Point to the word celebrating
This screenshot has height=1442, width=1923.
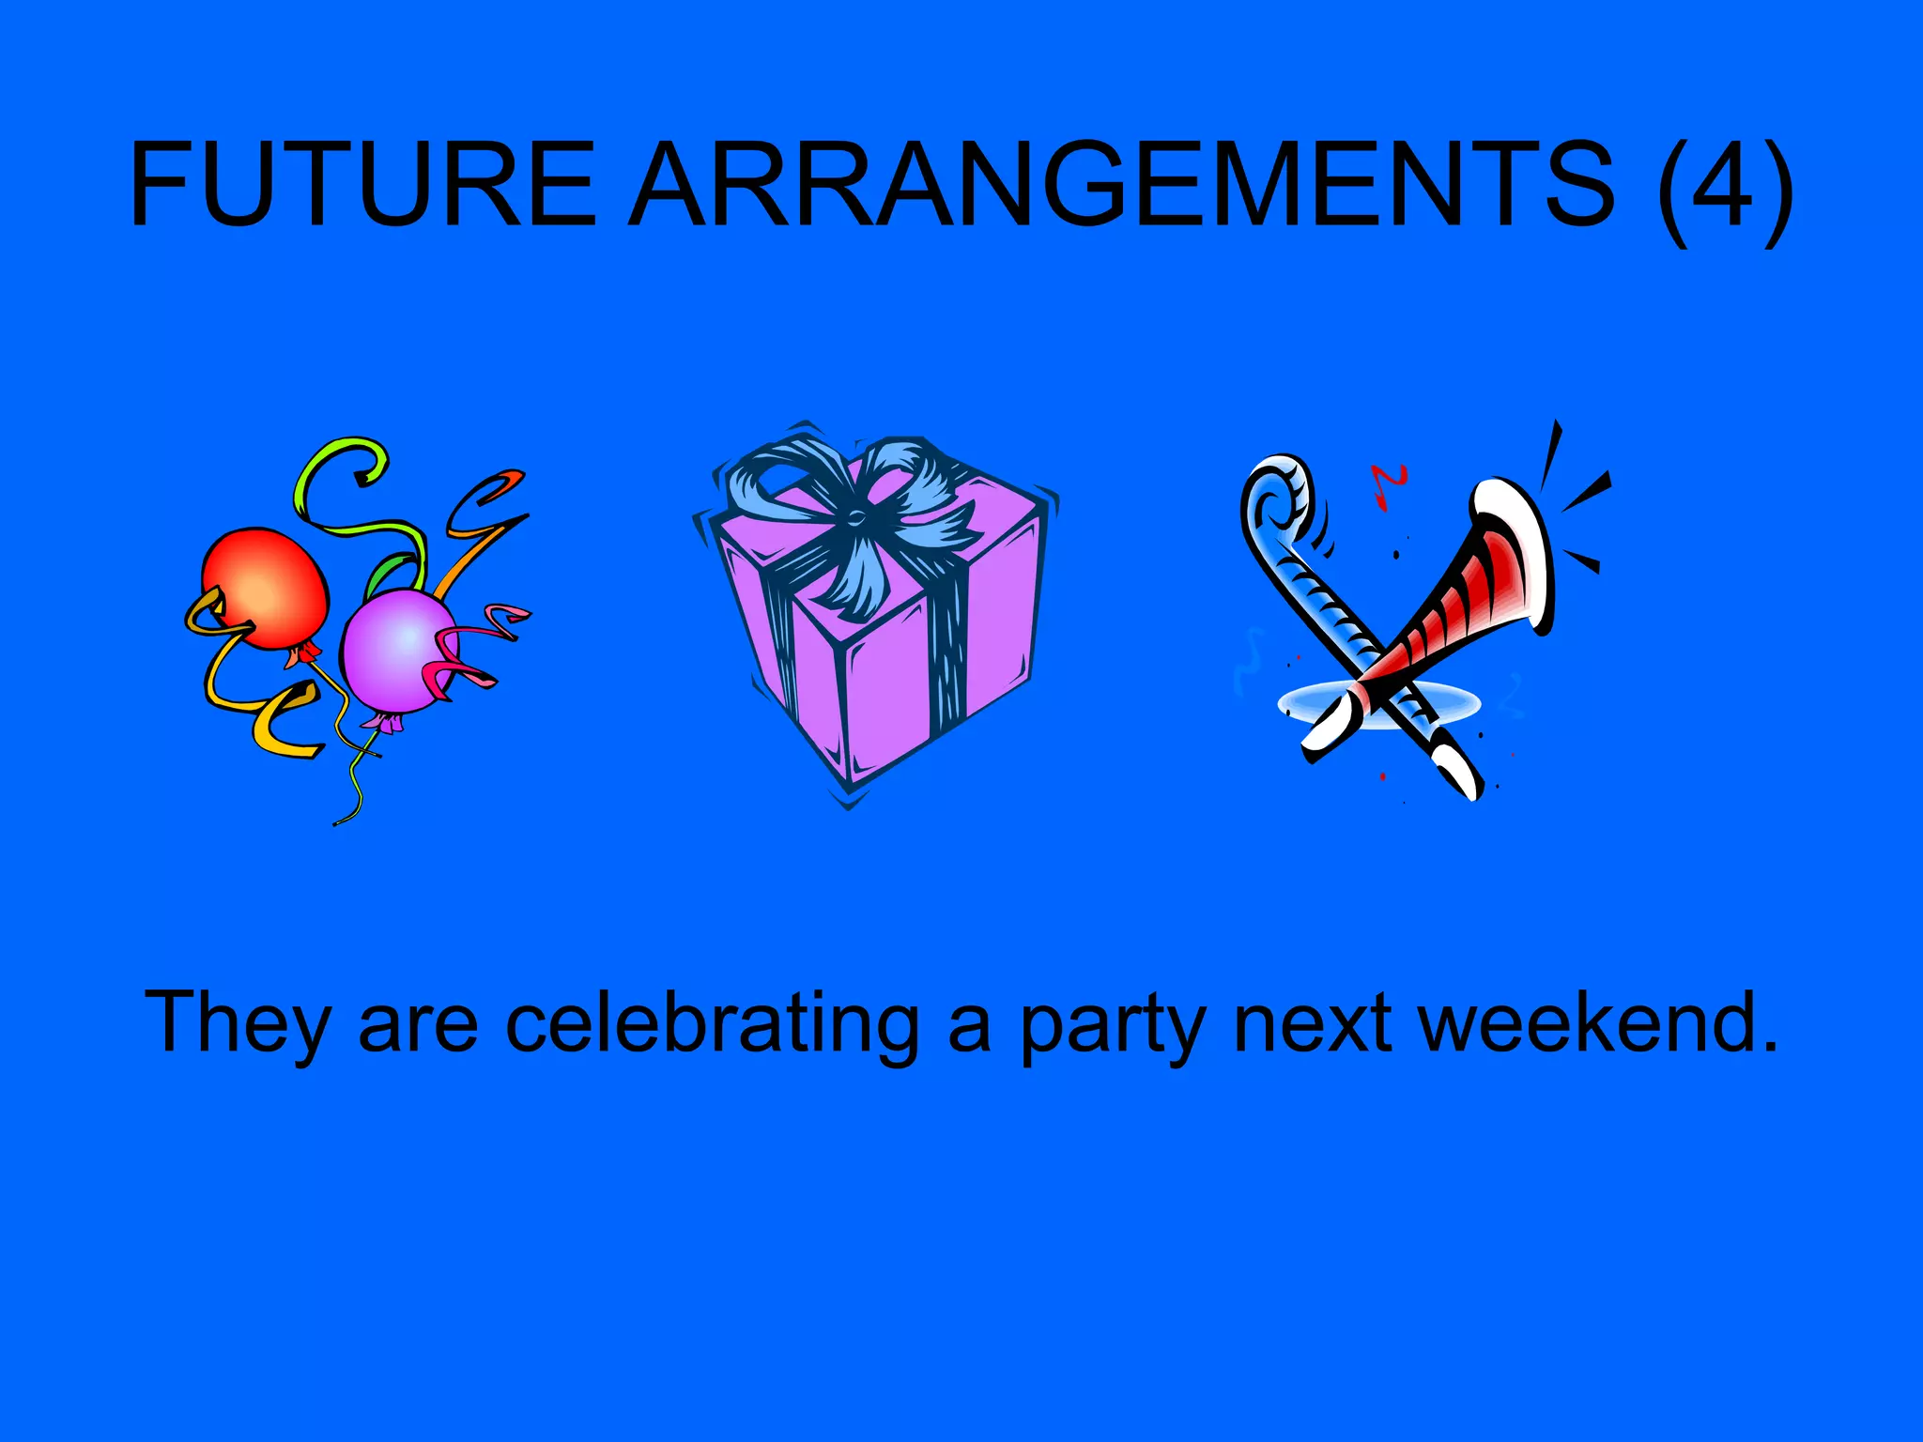tap(713, 1023)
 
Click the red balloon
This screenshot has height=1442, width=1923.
tap(266, 587)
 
